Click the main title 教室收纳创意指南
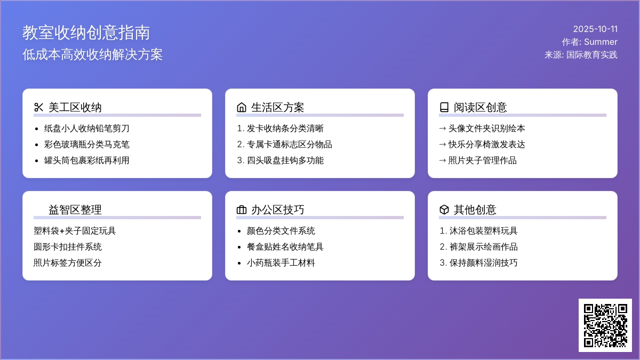point(86,33)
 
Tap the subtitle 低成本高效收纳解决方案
point(93,54)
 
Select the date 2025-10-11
point(595,29)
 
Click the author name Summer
point(601,42)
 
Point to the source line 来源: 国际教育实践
point(581,55)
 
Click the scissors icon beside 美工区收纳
point(38,107)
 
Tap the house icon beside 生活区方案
point(242,107)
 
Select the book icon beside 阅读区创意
point(444,107)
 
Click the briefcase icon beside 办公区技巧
point(242,210)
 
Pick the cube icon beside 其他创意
point(444,210)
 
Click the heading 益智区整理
point(75,210)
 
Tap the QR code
point(605,325)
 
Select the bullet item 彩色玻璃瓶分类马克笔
point(86,145)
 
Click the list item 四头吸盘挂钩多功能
point(285,161)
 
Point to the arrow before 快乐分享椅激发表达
point(442,145)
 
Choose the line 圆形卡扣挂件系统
point(67,247)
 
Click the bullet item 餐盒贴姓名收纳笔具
point(285,247)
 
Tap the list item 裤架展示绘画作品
point(483,247)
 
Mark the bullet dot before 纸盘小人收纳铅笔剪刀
point(36,129)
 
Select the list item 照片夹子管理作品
point(482,161)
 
